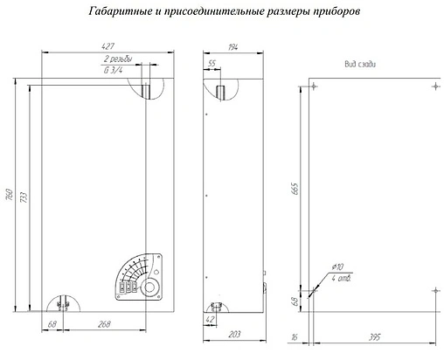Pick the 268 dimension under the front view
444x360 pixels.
[x=105, y=325]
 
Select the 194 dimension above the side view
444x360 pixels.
[x=232, y=46]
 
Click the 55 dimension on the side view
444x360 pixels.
[x=212, y=64]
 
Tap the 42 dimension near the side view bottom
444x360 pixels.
[x=212, y=321]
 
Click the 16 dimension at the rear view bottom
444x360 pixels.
[x=294, y=336]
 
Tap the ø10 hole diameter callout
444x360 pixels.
[x=337, y=267]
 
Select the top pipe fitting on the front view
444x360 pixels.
[x=147, y=89]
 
